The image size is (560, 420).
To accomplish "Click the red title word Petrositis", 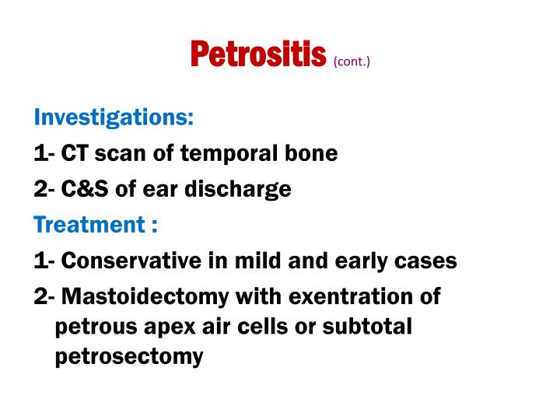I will [257, 54].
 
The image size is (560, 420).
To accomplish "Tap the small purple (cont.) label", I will [352, 61].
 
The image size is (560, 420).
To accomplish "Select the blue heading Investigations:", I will [114, 117].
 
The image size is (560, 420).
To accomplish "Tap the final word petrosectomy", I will [129, 357].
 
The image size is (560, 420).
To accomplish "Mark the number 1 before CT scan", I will [40, 154].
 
